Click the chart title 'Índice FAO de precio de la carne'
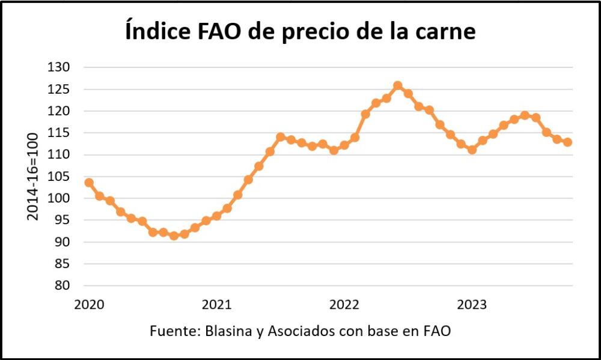[x=300, y=31]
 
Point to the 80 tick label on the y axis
[x=63, y=285]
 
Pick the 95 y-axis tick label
[x=63, y=220]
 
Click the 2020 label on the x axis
[x=89, y=305]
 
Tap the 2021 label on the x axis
[x=217, y=305]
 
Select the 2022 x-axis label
[x=344, y=305]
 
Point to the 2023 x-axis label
[x=472, y=305]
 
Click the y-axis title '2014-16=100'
[x=33, y=176]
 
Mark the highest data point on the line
[x=397, y=86]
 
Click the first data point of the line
[x=89, y=182]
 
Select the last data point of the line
[x=568, y=142]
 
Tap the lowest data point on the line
[x=174, y=236]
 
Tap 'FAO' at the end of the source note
[x=438, y=331]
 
